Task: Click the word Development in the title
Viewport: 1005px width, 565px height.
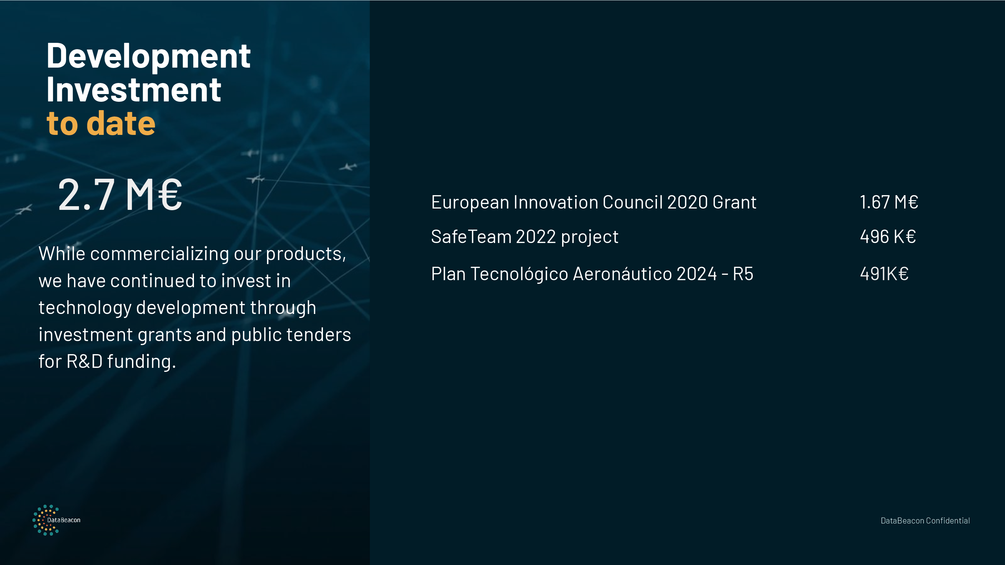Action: click(148, 56)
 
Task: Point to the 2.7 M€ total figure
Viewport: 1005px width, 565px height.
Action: click(120, 194)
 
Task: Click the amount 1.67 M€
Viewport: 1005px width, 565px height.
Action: click(889, 202)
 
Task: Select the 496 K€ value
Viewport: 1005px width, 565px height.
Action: click(887, 236)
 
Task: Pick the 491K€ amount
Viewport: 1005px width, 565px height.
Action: click(884, 273)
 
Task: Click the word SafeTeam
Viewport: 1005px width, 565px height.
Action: click(471, 236)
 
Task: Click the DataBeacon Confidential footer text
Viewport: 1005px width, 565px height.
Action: click(925, 520)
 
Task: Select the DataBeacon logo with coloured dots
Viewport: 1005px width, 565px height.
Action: click(56, 520)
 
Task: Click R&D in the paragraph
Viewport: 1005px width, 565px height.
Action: click(84, 361)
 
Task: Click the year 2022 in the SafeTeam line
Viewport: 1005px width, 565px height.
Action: click(536, 236)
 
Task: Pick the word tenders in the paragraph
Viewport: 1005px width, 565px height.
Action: click(318, 335)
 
